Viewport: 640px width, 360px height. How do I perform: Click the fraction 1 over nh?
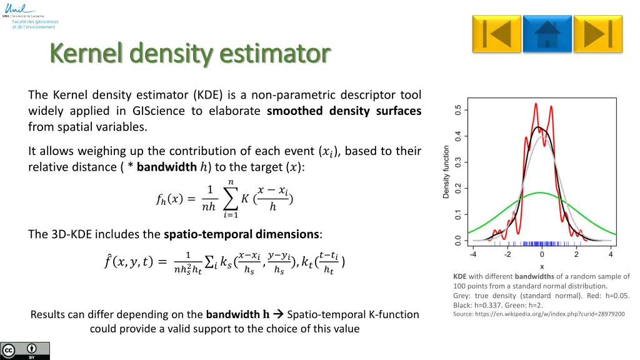coord(209,198)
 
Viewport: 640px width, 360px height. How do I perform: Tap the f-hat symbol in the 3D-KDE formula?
coord(110,262)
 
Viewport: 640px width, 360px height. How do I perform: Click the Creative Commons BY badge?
coord(25,351)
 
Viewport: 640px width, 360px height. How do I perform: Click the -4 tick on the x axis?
coord(473,254)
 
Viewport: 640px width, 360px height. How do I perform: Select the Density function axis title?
coord(446,172)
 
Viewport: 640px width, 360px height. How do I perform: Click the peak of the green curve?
coord(541,193)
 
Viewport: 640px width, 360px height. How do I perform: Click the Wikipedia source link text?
coord(539,314)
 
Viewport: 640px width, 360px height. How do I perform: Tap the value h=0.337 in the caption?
coord(489,305)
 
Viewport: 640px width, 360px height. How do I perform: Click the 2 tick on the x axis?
coord(576,254)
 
